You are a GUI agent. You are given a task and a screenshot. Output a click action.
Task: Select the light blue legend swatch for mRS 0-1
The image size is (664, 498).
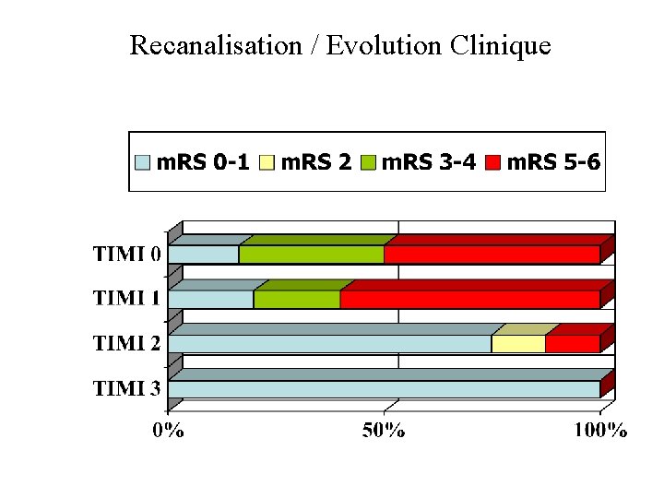pos(143,163)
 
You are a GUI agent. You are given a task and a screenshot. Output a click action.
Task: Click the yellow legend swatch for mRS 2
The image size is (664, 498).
pos(267,163)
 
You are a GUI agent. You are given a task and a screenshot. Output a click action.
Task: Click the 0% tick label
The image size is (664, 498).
pos(168,430)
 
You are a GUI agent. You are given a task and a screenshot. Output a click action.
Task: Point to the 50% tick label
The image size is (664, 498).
pos(383,430)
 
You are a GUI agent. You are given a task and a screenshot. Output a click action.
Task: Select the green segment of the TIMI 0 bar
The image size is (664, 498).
pos(311,255)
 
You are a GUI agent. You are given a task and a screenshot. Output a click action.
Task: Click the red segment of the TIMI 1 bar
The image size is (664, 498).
pos(469,300)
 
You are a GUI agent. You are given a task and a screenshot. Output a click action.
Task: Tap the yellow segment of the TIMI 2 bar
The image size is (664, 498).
pos(517,344)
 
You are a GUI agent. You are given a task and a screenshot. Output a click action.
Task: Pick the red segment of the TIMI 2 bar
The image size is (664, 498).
pos(572,344)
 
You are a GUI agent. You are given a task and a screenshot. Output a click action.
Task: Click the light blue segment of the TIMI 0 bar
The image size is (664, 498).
pos(203,255)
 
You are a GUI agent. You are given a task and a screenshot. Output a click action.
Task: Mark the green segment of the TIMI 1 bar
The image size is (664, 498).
pos(296,300)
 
